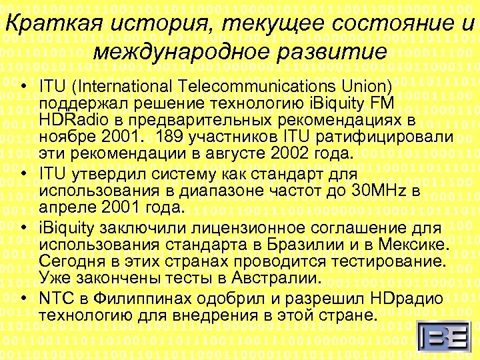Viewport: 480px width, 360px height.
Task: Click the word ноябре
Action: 65,136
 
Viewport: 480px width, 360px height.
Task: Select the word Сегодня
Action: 73,257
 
